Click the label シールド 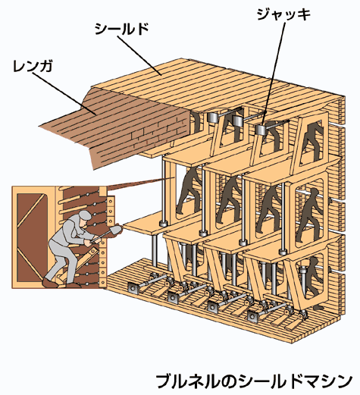click(121, 29)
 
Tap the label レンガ click(33, 66)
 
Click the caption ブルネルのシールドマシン click(254, 381)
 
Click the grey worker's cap click(85, 215)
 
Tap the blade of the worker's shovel click(116, 230)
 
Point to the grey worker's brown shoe click(50, 283)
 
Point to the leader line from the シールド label click(139, 55)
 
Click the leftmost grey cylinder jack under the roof click(214, 118)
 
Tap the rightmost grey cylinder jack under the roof click(261, 130)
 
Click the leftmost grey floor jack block click(133, 288)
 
